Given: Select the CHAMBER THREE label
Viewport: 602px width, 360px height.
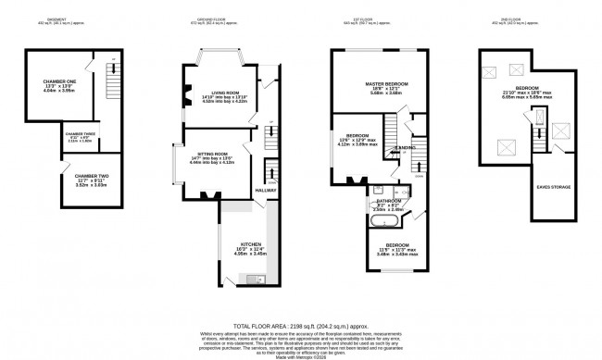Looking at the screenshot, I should click(81, 134).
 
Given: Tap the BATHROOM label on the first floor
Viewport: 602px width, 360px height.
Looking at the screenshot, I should click(388, 200).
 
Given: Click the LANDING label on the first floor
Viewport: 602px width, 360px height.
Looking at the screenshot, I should click(405, 148).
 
